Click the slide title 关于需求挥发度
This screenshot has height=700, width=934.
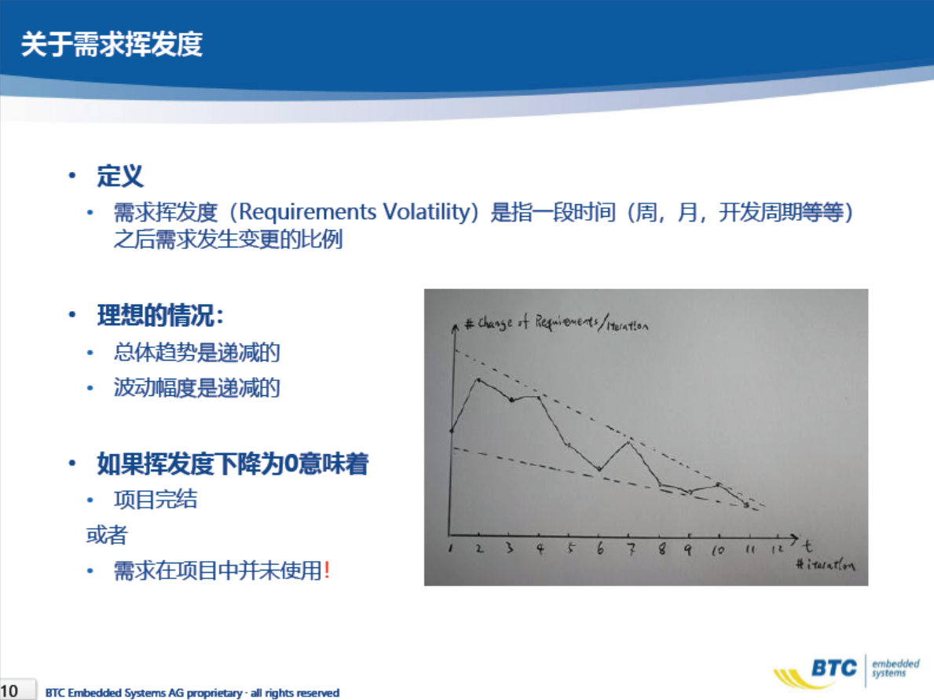[112, 44]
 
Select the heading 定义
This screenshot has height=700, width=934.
[120, 176]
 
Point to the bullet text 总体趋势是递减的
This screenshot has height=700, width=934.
[197, 352]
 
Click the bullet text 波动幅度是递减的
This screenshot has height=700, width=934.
[197, 388]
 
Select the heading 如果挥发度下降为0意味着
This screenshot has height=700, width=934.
[233, 464]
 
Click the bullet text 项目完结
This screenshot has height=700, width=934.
[156, 499]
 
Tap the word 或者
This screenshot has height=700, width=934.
[107, 535]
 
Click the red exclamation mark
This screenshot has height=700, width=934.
[327, 570]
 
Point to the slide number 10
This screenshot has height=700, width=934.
[9, 691]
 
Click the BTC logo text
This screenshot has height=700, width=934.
[834, 669]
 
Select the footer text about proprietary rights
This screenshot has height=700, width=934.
[192, 693]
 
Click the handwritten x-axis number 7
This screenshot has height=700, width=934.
[631, 548]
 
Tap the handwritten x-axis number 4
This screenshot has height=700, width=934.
[540, 548]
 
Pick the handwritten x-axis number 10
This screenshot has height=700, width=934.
[717, 549]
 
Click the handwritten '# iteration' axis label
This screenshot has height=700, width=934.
[825, 563]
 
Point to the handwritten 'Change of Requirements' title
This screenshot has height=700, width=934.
[555, 323]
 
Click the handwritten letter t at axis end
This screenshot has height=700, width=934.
[807, 544]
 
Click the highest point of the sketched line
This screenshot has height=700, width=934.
[478, 379]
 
